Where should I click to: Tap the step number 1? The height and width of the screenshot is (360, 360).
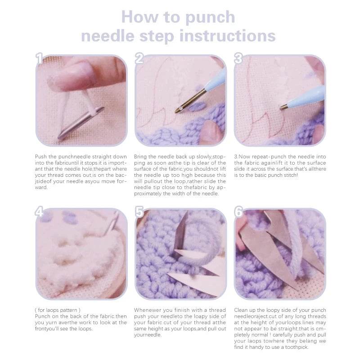40,58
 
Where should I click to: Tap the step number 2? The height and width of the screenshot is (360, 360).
139,58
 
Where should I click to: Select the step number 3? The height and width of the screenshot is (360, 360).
238,58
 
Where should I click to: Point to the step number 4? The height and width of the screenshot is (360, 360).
40,212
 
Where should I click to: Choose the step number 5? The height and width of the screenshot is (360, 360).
139,212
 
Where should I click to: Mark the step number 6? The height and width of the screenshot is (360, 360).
238,212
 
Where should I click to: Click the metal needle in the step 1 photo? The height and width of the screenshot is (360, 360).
81,122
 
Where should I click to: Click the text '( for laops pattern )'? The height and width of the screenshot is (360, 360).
58,310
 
